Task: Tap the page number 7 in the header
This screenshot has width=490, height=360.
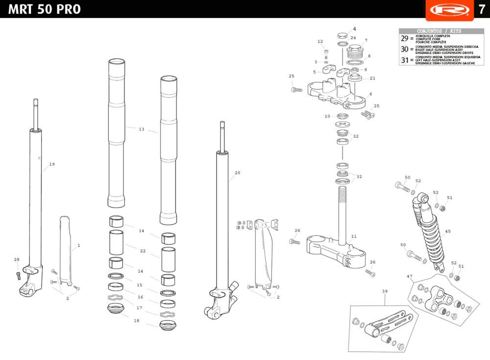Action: coord(482,9)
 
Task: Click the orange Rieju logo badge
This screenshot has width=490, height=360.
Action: coord(449,10)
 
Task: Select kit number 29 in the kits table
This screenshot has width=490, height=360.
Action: coord(404,39)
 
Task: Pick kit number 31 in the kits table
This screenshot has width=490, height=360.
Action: coord(404,60)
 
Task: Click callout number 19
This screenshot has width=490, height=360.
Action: coord(52,164)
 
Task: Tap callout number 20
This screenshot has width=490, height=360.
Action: coord(238,173)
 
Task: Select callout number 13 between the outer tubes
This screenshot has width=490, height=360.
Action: coord(142,129)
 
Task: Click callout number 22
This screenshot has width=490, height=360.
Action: coord(143,251)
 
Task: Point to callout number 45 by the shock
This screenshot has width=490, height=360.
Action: coord(448,231)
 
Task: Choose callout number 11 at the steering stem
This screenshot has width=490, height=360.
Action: coord(354,236)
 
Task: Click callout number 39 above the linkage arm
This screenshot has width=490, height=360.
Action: coord(385,291)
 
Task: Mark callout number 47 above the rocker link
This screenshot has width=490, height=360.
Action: coord(410,277)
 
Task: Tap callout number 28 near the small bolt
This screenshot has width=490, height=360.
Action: coord(17,259)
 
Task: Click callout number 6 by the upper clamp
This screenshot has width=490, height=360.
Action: coord(370,94)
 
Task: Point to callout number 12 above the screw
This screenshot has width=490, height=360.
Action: coord(320,42)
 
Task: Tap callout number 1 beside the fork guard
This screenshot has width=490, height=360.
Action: coord(78,245)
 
